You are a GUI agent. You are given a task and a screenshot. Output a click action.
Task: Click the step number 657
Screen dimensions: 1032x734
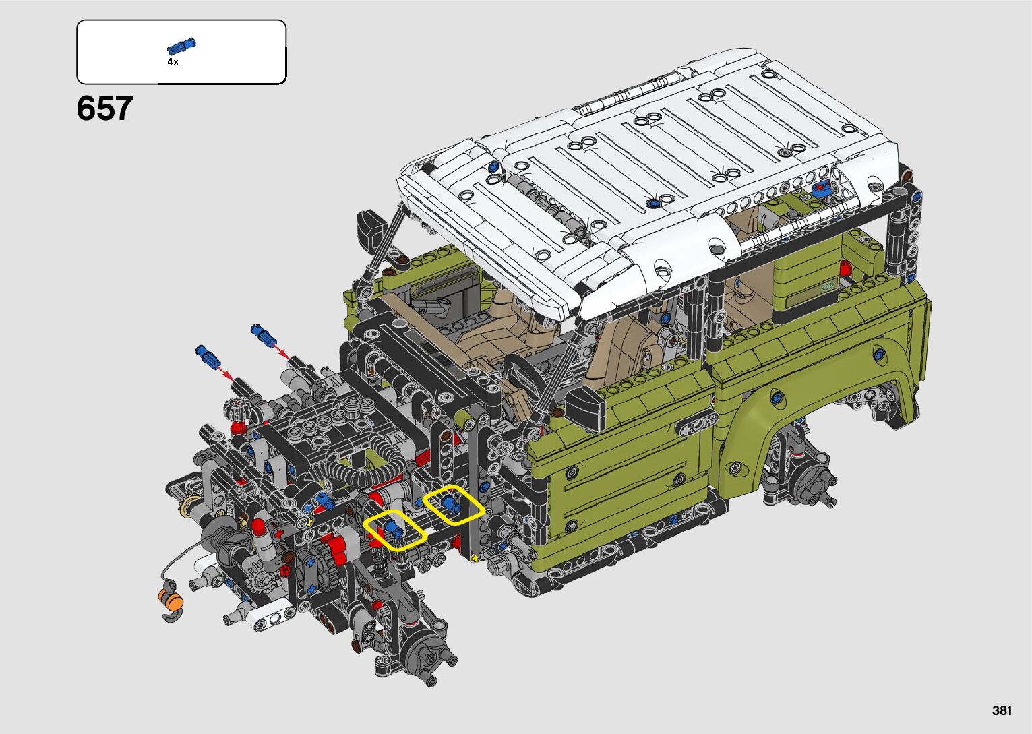[104, 109]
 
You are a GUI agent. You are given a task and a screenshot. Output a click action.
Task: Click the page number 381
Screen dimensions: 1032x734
[1002, 710]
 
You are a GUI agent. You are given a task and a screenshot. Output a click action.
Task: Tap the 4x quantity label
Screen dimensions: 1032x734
[173, 62]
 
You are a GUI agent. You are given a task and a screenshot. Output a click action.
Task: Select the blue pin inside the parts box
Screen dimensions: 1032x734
[181, 46]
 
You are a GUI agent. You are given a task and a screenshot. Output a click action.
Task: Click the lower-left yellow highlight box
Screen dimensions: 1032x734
[395, 530]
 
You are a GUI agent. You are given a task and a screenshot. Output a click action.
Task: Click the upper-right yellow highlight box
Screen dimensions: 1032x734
[454, 505]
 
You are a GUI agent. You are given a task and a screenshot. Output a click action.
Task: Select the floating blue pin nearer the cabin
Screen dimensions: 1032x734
[263, 334]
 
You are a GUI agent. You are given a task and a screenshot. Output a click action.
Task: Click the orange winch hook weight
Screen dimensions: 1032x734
[171, 600]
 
